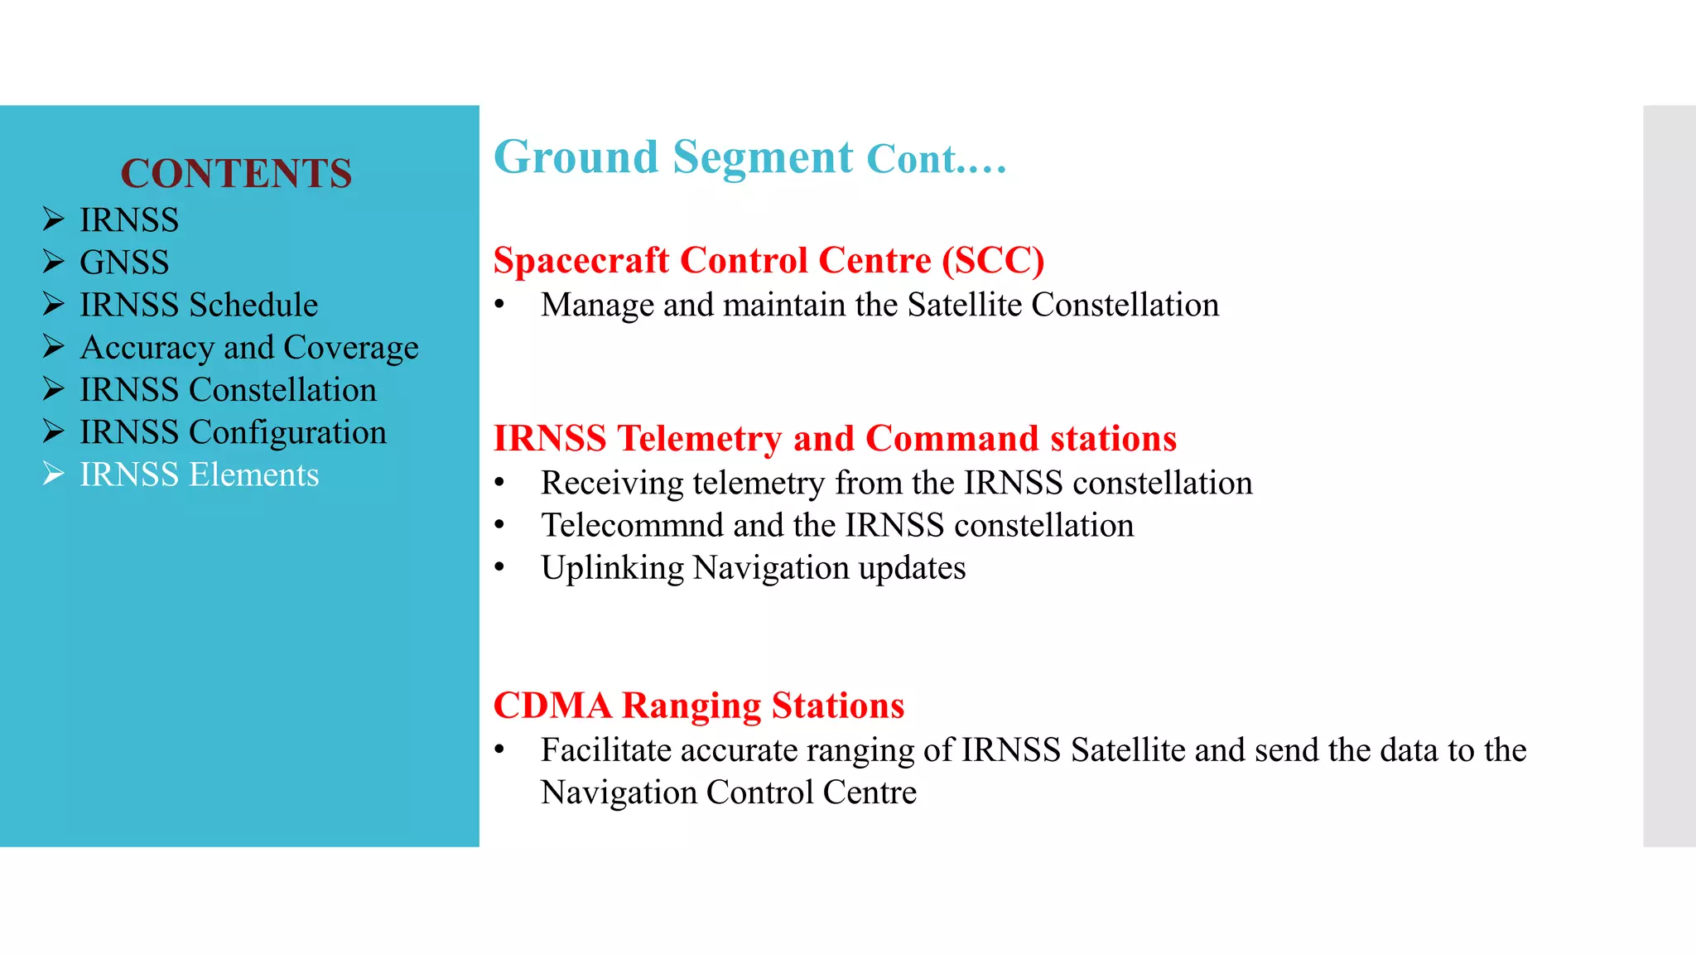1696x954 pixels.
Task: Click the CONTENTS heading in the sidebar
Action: pyautogui.click(x=236, y=174)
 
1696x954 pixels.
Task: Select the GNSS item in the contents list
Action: pyautogui.click(x=124, y=263)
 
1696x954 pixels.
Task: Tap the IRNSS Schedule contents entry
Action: pyautogui.click(x=199, y=305)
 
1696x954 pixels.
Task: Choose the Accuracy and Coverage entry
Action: pyautogui.click(x=249, y=348)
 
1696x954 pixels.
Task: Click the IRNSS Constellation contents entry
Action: pyautogui.click(x=228, y=390)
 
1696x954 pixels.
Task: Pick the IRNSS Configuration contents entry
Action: pyautogui.click(x=233, y=432)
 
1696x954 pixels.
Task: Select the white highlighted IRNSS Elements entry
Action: pyautogui.click(x=199, y=475)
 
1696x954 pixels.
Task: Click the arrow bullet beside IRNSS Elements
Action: pyautogui.click(x=54, y=474)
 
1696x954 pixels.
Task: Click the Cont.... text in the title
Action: pyautogui.click(x=936, y=159)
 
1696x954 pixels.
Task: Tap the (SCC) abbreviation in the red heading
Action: pyautogui.click(x=993, y=261)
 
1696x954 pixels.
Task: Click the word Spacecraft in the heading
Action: pyautogui.click(x=581, y=261)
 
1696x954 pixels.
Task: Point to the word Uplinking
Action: pyautogui.click(x=612, y=568)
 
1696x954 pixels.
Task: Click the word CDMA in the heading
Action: pyautogui.click(x=552, y=706)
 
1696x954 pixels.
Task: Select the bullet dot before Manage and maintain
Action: pyautogui.click(x=499, y=305)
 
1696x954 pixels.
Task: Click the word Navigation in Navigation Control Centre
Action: pyautogui.click(x=618, y=793)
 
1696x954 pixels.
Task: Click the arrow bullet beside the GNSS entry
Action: pyautogui.click(x=54, y=262)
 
